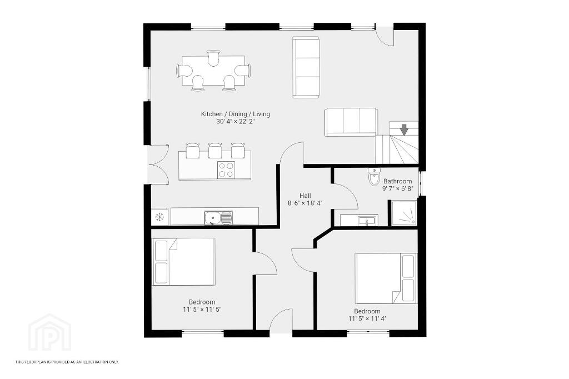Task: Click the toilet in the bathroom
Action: point(373,177)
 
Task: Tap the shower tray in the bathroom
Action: point(404,212)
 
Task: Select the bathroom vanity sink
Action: point(368,221)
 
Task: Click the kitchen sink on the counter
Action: point(218,218)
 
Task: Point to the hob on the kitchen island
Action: point(226,170)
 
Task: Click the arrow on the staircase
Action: point(404,129)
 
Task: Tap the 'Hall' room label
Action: point(305,196)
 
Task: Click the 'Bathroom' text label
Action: point(398,181)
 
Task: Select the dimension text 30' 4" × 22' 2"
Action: point(236,122)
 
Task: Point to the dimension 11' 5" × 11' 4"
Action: point(367,319)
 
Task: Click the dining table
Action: point(213,71)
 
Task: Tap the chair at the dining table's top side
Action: point(214,58)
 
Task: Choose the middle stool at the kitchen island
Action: point(215,150)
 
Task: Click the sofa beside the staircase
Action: point(351,122)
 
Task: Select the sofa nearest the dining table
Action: point(306,67)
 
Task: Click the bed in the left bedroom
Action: point(183,262)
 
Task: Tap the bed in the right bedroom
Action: point(386,278)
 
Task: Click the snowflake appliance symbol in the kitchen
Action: point(159,217)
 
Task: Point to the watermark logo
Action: point(49,333)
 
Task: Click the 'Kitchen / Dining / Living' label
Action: point(236,114)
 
